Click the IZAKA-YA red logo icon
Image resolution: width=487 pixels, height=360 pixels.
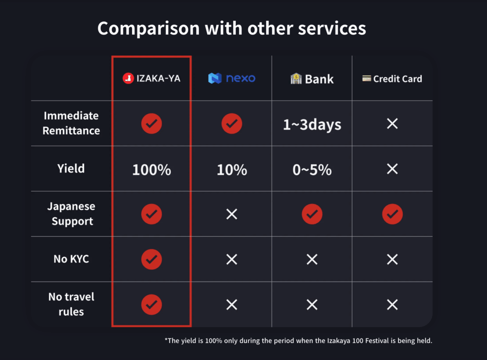tap(128, 78)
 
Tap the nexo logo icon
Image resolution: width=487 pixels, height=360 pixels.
tap(214, 78)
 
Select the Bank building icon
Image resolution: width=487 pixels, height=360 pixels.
tap(296, 78)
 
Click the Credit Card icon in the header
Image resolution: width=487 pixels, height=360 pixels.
tap(367, 78)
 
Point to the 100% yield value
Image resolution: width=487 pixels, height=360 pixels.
tap(152, 170)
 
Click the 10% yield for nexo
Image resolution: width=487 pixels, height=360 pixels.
tap(232, 170)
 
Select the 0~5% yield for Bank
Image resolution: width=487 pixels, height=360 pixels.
tap(312, 170)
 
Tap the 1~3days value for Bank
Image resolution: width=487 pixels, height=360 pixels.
tap(312, 125)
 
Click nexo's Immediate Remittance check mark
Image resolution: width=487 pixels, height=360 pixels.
tap(232, 124)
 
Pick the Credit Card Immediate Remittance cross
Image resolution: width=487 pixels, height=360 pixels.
tap(392, 124)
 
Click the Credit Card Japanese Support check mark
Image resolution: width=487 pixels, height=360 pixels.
tap(392, 214)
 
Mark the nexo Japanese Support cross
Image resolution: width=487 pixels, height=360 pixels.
tap(232, 214)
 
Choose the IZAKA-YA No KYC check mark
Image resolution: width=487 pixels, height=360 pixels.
tap(152, 259)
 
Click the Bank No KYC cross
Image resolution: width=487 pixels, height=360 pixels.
tap(312, 259)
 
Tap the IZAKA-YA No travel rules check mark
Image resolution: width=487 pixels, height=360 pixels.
tap(152, 304)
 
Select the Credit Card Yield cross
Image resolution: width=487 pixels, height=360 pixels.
tap(392, 169)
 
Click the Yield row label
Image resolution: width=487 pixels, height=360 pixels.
tap(71, 168)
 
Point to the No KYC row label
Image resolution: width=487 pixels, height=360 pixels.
tap(71, 259)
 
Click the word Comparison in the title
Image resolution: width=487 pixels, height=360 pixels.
tap(148, 29)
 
